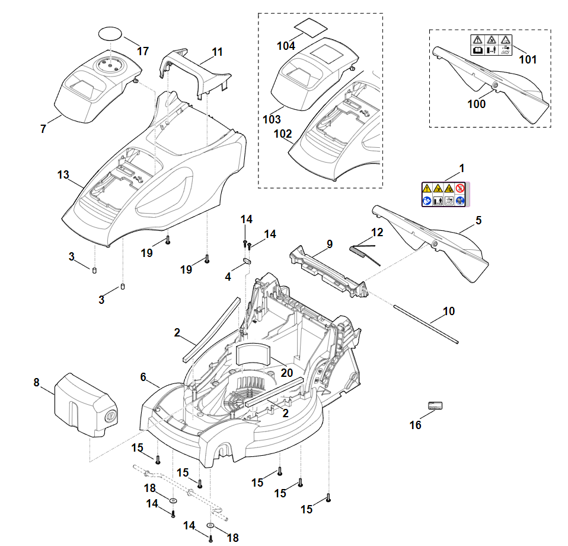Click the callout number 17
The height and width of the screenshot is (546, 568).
coord(142,51)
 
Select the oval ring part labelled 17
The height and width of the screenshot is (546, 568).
coord(111,33)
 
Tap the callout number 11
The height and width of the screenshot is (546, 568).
coord(217,52)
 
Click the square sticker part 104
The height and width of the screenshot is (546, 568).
coord(312,26)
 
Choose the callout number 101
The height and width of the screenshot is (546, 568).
coord(528,59)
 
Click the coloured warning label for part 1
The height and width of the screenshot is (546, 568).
coord(445,195)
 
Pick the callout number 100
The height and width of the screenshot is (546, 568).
coord(476,104)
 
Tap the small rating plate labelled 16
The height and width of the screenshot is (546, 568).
coord(435,406)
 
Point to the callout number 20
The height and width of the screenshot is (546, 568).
coord(287,373)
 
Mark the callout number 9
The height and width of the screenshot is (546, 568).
coord(330,243)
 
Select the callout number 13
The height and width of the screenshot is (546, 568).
coord(63,175)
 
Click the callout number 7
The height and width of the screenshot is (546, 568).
coord(43,129)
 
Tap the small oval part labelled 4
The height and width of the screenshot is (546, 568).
coord(247,259)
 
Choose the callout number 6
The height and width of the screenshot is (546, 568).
coord(143,377)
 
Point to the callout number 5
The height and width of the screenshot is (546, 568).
coord(478,221)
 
